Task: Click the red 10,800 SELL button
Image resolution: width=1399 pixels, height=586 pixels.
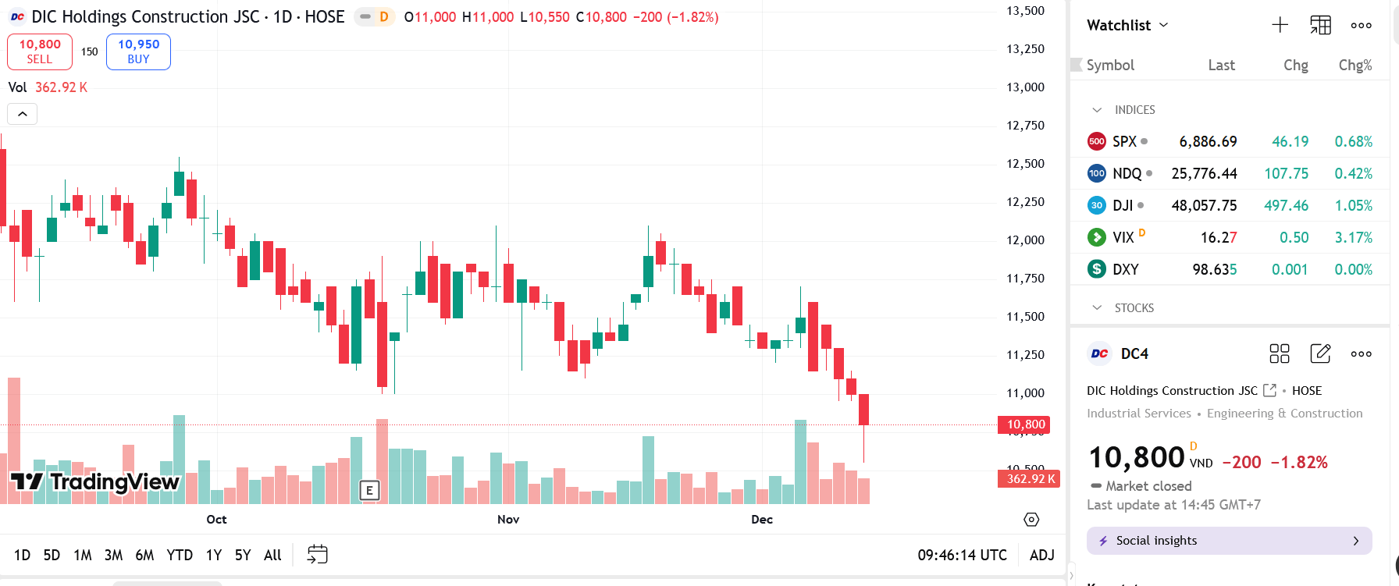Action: tap(40, 51)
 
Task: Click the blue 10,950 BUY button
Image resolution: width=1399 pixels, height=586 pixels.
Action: tap(138, 51)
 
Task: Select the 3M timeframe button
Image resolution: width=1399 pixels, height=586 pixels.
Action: tap(113, 555)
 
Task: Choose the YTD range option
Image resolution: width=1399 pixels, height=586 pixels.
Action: tap(180, 555)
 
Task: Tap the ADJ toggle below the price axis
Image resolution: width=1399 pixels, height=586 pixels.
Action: tap(1041, 555)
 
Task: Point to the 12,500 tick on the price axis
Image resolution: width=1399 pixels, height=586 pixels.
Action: tap(1025, 164)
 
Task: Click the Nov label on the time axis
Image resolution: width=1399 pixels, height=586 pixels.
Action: tap(508, 520)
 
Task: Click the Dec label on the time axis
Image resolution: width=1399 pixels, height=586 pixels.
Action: tap(762, 520)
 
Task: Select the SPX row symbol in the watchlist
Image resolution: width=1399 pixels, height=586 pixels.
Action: tap(1124, 142)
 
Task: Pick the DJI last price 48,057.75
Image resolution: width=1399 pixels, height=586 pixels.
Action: tap(1204, 206)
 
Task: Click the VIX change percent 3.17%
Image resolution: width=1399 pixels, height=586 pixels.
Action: tap(1353, 238)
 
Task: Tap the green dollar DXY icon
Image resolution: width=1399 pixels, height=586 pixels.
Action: tap(1097, 269)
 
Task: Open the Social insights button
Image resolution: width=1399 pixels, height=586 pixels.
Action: tap(1229, 541)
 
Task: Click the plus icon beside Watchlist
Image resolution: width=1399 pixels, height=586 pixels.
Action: tap(1280, 25)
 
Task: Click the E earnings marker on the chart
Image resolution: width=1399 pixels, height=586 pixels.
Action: tap(369, 490)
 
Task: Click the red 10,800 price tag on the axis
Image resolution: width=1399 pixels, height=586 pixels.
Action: tap(1024, 424)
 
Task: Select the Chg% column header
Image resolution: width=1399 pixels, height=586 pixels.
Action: tap(1355, 66)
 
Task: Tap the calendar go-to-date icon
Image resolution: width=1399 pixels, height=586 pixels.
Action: tap(318, 555)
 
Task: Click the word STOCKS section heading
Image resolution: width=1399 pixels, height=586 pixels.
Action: tap(1134, 308)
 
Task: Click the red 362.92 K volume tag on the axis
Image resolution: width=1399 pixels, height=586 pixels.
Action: tap(1030, 479)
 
